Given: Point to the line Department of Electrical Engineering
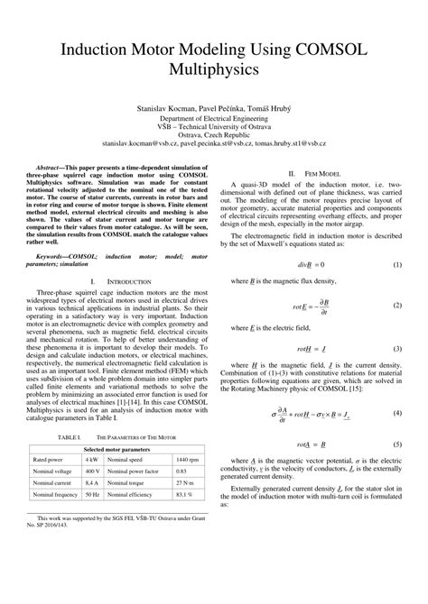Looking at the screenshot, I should point(214,117).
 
